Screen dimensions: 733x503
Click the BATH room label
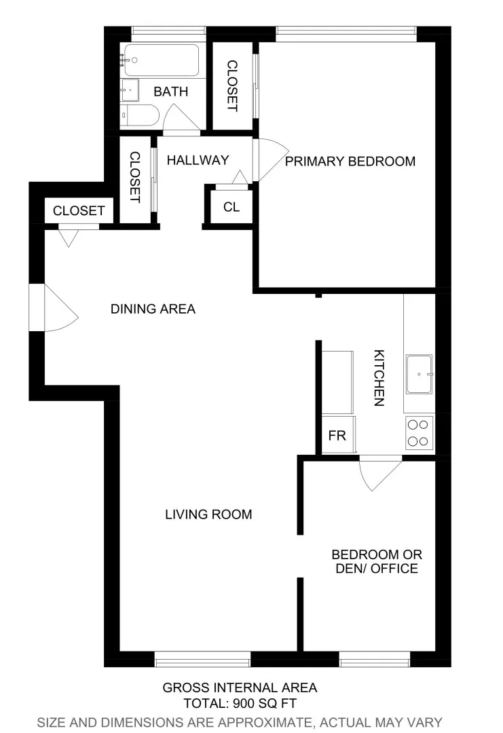(x=170, y=92)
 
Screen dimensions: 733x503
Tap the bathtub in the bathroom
(x=160, y=60)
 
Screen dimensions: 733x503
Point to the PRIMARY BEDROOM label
(x=350, y=162)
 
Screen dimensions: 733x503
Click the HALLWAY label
(x=198, y=160)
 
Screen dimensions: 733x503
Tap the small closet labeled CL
(x=231, y=207)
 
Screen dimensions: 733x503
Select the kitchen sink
(x=419, y=374)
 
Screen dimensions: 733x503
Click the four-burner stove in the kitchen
(x=419, y=433)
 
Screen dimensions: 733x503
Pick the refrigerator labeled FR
(x=337, y=435)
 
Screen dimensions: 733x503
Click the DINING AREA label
(x=153, y=309)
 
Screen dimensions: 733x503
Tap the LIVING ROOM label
(x=208, y=514)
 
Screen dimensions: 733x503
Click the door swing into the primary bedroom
(x=270, y=160)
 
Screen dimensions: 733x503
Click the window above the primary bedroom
(x=346, y=30)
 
